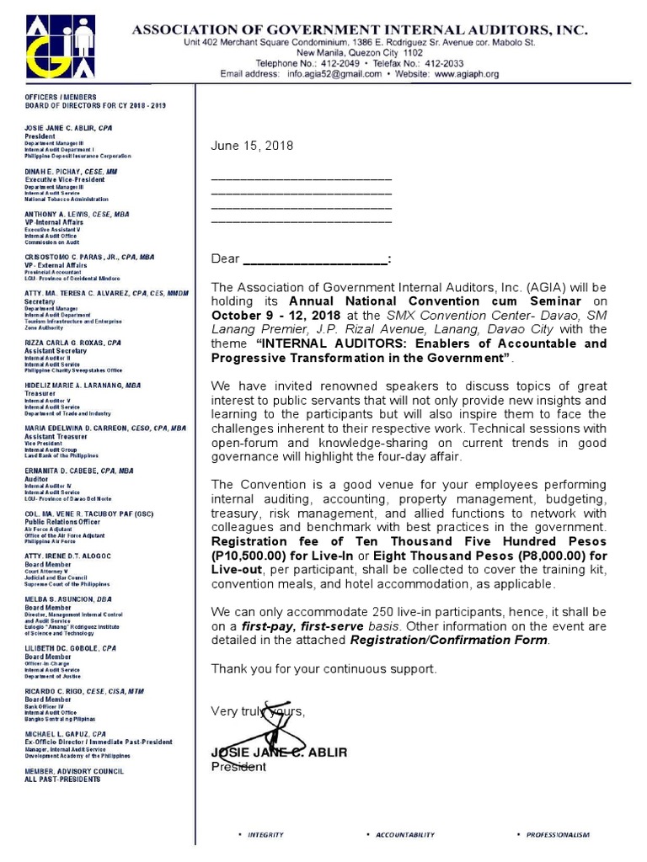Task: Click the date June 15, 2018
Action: tap(252, 146)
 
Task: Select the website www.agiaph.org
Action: tap(467, 74)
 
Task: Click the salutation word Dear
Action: tap(225, 259)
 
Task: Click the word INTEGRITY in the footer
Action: tap(265, 834)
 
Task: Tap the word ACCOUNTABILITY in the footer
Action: tap(404, 834)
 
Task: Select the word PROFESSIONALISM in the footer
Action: tap(558, 834)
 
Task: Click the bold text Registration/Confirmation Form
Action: tap(448, 641)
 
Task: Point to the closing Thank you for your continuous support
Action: tap(324, 668)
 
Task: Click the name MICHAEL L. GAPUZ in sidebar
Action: tap(58, 734)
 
